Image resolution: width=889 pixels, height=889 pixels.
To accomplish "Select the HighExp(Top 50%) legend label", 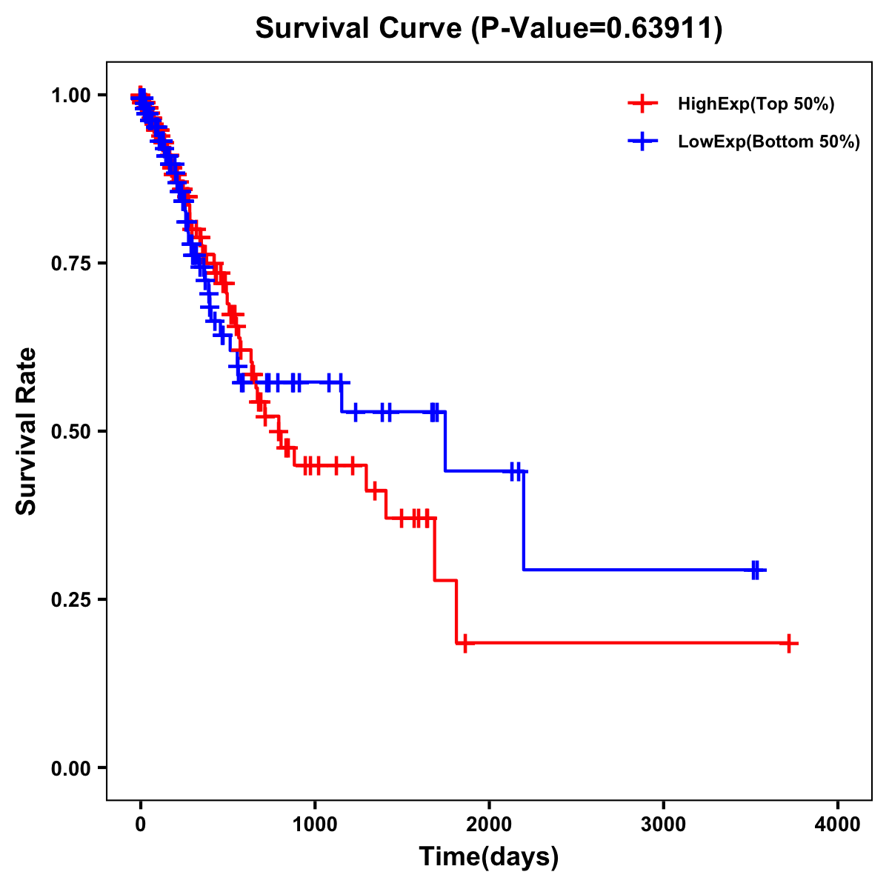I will tap(756, 104).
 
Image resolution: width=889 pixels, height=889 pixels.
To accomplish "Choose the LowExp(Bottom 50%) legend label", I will tap(769, 142).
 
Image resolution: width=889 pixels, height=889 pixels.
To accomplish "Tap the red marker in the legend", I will tap(642, 104).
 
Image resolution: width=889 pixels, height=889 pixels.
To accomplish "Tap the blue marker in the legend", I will tap(642, 141).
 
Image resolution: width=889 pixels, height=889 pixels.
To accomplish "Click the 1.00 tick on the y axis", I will tap(71, 95).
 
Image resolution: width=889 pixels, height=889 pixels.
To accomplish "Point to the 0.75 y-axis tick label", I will tap(71, 263).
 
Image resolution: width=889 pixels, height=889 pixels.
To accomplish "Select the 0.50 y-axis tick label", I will tap(71, 431).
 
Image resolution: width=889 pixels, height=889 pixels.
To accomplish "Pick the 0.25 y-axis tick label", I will tap(71, 599).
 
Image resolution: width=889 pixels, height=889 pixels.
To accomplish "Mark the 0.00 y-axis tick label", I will tap(71, 768).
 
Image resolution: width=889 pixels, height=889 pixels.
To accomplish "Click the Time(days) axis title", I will tap(489, 857).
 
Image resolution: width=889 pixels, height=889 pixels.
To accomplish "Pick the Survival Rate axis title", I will tap(27, 431).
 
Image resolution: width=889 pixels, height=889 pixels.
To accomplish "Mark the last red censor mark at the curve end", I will tap(790, 643).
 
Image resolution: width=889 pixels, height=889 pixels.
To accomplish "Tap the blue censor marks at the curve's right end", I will tap(756, 570).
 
